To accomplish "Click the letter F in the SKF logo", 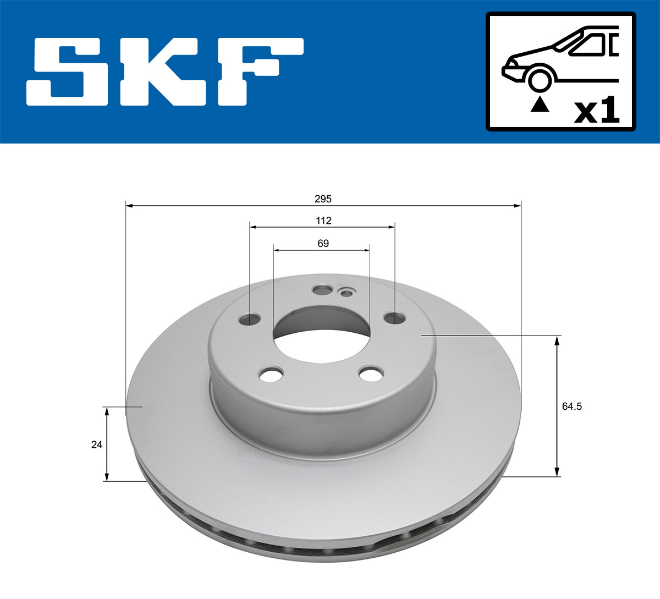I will pyautogui.click(x=258, y=72).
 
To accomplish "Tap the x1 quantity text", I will pyautogui.click(x=596, y=111).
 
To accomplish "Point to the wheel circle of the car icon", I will pyautogui.click(x=540, y=79).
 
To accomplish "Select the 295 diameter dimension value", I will pyautogui.click(x=323, y=199).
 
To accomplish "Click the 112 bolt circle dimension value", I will pyautogui.click(x=323, y=221).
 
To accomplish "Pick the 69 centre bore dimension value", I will pyautogui.click(x=323, y=243).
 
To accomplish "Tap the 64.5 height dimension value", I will pyautogui.click(x=572, y=406).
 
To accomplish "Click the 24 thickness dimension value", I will pyautogui.click(x=97, y=444).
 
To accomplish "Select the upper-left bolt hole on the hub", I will pyautogui.click(x=251, y=319).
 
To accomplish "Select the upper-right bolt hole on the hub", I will pyautogui.click(x=394, y=318).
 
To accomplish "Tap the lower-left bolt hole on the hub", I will pyautogui.click(x=271, y=375).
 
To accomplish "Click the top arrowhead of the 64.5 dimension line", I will pyautogui.click(x=557, y=339).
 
